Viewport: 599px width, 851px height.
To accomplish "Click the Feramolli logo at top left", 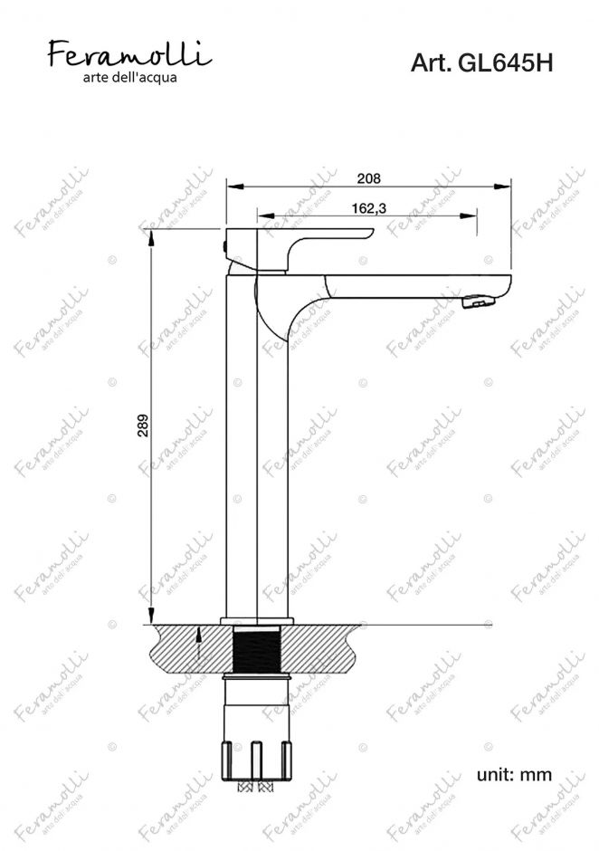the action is point(129,54).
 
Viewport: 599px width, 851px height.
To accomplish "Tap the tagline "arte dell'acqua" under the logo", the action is point(129,78).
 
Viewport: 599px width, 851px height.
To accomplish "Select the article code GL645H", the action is point(506,63).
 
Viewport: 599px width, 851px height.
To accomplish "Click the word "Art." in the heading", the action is point(432,63).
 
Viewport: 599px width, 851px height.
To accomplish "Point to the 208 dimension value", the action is point(369,178).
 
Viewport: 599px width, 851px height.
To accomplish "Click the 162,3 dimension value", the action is point(369,208).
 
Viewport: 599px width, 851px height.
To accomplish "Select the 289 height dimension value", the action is point(143,426).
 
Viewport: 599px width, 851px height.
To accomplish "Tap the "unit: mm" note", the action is point(514,774).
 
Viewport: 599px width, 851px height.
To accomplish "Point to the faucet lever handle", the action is point(299,249).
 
